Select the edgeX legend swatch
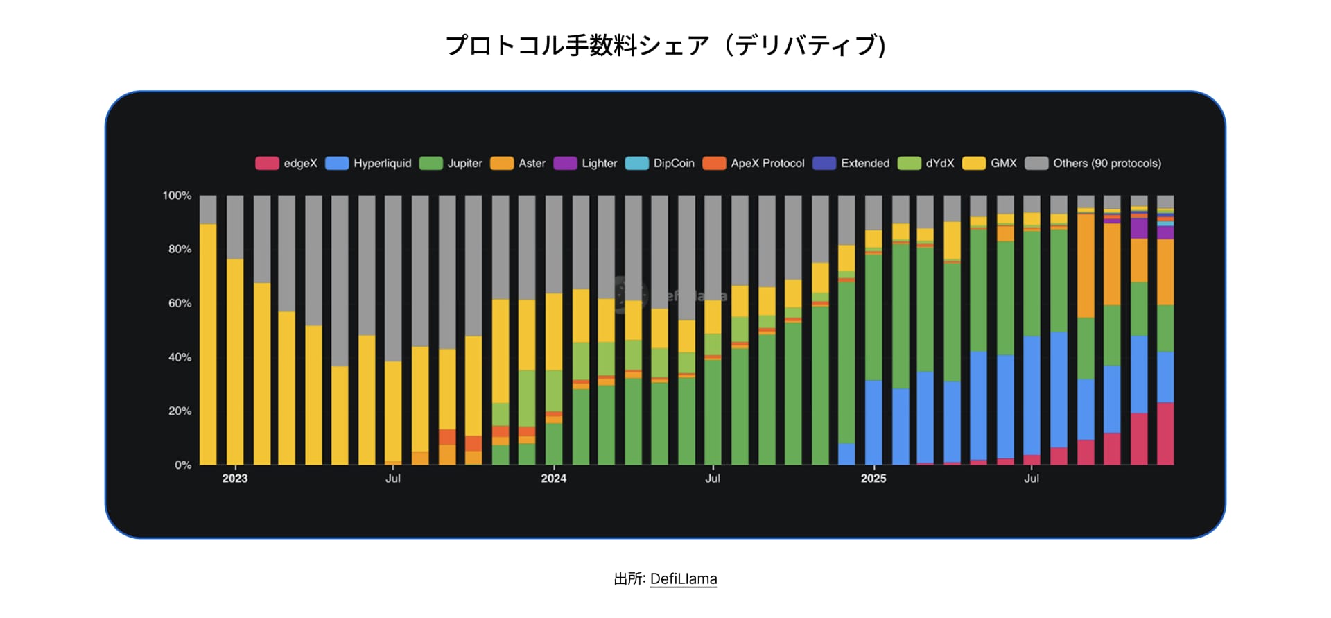267,164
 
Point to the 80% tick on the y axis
180,249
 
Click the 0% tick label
183,465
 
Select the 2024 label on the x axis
554,479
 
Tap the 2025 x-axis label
873,479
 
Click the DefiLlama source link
684,578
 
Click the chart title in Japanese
665,46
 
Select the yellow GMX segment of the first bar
208,347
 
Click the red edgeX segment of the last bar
1165,434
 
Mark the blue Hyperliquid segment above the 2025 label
873,423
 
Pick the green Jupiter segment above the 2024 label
554,444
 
